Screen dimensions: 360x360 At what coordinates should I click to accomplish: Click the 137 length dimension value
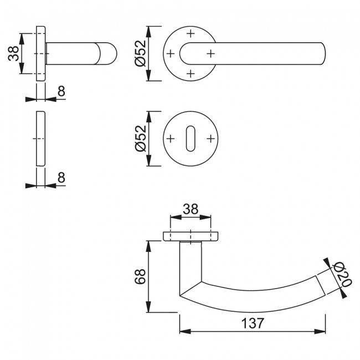point(253,323)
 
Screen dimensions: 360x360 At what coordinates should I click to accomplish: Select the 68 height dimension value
point(140,276)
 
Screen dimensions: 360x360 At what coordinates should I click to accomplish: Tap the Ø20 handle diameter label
point(342,275)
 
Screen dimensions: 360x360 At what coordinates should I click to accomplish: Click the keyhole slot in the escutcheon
point(191,138)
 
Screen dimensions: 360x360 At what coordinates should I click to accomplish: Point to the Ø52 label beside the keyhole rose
point(141,138)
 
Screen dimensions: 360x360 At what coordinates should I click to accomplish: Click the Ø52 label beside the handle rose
point(141,53)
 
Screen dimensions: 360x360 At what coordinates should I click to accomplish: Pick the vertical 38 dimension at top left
point(13,54)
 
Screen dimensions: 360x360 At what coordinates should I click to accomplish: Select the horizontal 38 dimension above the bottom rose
point(191,209)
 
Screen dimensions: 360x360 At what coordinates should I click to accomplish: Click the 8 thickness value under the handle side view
point(61,91)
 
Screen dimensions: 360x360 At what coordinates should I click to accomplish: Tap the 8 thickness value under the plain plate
point(61,177)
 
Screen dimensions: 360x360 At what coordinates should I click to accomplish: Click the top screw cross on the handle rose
point(191,34)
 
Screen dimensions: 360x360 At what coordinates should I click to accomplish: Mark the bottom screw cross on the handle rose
point(191,74)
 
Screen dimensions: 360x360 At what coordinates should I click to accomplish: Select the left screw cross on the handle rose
point(171,54)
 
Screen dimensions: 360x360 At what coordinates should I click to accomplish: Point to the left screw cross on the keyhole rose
point(171,138)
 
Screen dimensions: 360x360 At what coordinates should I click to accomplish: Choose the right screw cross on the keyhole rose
point(210,138)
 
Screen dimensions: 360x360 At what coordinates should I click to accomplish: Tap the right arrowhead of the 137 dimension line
point(320,331)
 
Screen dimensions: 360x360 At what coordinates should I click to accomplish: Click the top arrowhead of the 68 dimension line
point(149,246)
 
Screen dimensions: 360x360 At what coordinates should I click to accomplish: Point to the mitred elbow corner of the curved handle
point(180,296)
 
